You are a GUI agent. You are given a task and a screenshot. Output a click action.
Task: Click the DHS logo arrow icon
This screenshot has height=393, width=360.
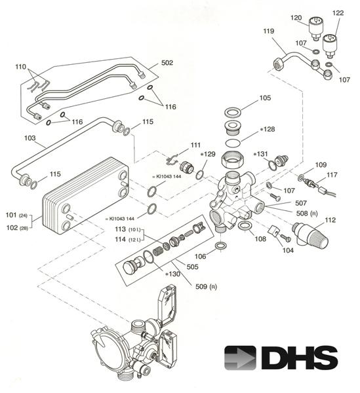(240, 358)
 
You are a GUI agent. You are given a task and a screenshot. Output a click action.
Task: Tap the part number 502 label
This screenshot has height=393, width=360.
(167, 63)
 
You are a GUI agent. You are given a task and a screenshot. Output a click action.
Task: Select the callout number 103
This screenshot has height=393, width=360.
(30, 138)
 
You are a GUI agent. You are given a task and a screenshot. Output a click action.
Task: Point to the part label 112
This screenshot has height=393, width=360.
(330, 220)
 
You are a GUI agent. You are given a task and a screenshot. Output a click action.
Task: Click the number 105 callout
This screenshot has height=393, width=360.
(265, 98)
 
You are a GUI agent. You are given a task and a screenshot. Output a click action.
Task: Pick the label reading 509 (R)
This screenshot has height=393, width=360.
(206, 286)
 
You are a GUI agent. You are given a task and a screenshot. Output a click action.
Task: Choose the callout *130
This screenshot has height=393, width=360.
(173, 274)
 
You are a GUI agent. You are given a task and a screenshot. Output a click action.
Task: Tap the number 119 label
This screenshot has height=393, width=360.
(268, 31)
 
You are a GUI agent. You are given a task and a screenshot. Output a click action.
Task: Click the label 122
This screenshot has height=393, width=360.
(338, 13)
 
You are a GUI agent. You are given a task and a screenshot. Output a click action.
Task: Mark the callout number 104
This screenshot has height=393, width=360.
(288, 250)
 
